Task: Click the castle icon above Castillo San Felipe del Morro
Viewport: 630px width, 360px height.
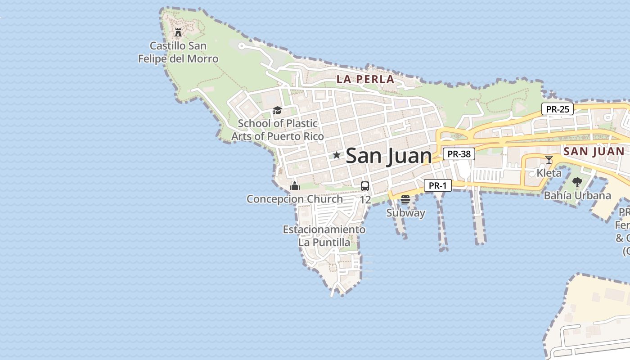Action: point(178,32)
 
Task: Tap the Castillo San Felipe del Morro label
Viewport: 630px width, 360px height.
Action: point(178,52)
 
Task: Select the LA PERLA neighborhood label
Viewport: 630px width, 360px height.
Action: point(365,80)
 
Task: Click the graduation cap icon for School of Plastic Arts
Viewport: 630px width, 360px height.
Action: point(277,110)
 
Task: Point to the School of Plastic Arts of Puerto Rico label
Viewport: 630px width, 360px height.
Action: point(278,130)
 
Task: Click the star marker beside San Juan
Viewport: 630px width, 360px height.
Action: point(337,155)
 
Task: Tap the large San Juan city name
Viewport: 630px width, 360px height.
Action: point(389,156)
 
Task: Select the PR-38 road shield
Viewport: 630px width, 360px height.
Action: point(459,154)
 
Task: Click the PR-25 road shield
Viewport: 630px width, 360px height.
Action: point(557,109)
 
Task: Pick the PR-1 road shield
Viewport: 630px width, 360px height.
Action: point(437,185)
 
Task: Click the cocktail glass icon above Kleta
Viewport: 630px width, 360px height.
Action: point(549,159)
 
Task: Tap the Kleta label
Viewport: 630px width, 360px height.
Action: point(549,173)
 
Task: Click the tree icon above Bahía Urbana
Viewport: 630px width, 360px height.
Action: point(577,182)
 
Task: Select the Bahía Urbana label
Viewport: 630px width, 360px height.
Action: point(577,195)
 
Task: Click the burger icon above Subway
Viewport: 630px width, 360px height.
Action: point(405,199)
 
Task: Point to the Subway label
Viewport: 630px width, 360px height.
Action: point(405,213)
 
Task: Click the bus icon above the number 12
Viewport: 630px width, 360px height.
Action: point(365,186)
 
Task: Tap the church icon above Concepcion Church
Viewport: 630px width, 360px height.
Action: point(295,185)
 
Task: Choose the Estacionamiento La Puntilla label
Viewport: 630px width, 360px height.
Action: point(324,236)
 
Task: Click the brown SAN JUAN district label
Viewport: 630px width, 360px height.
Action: point(594,151)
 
